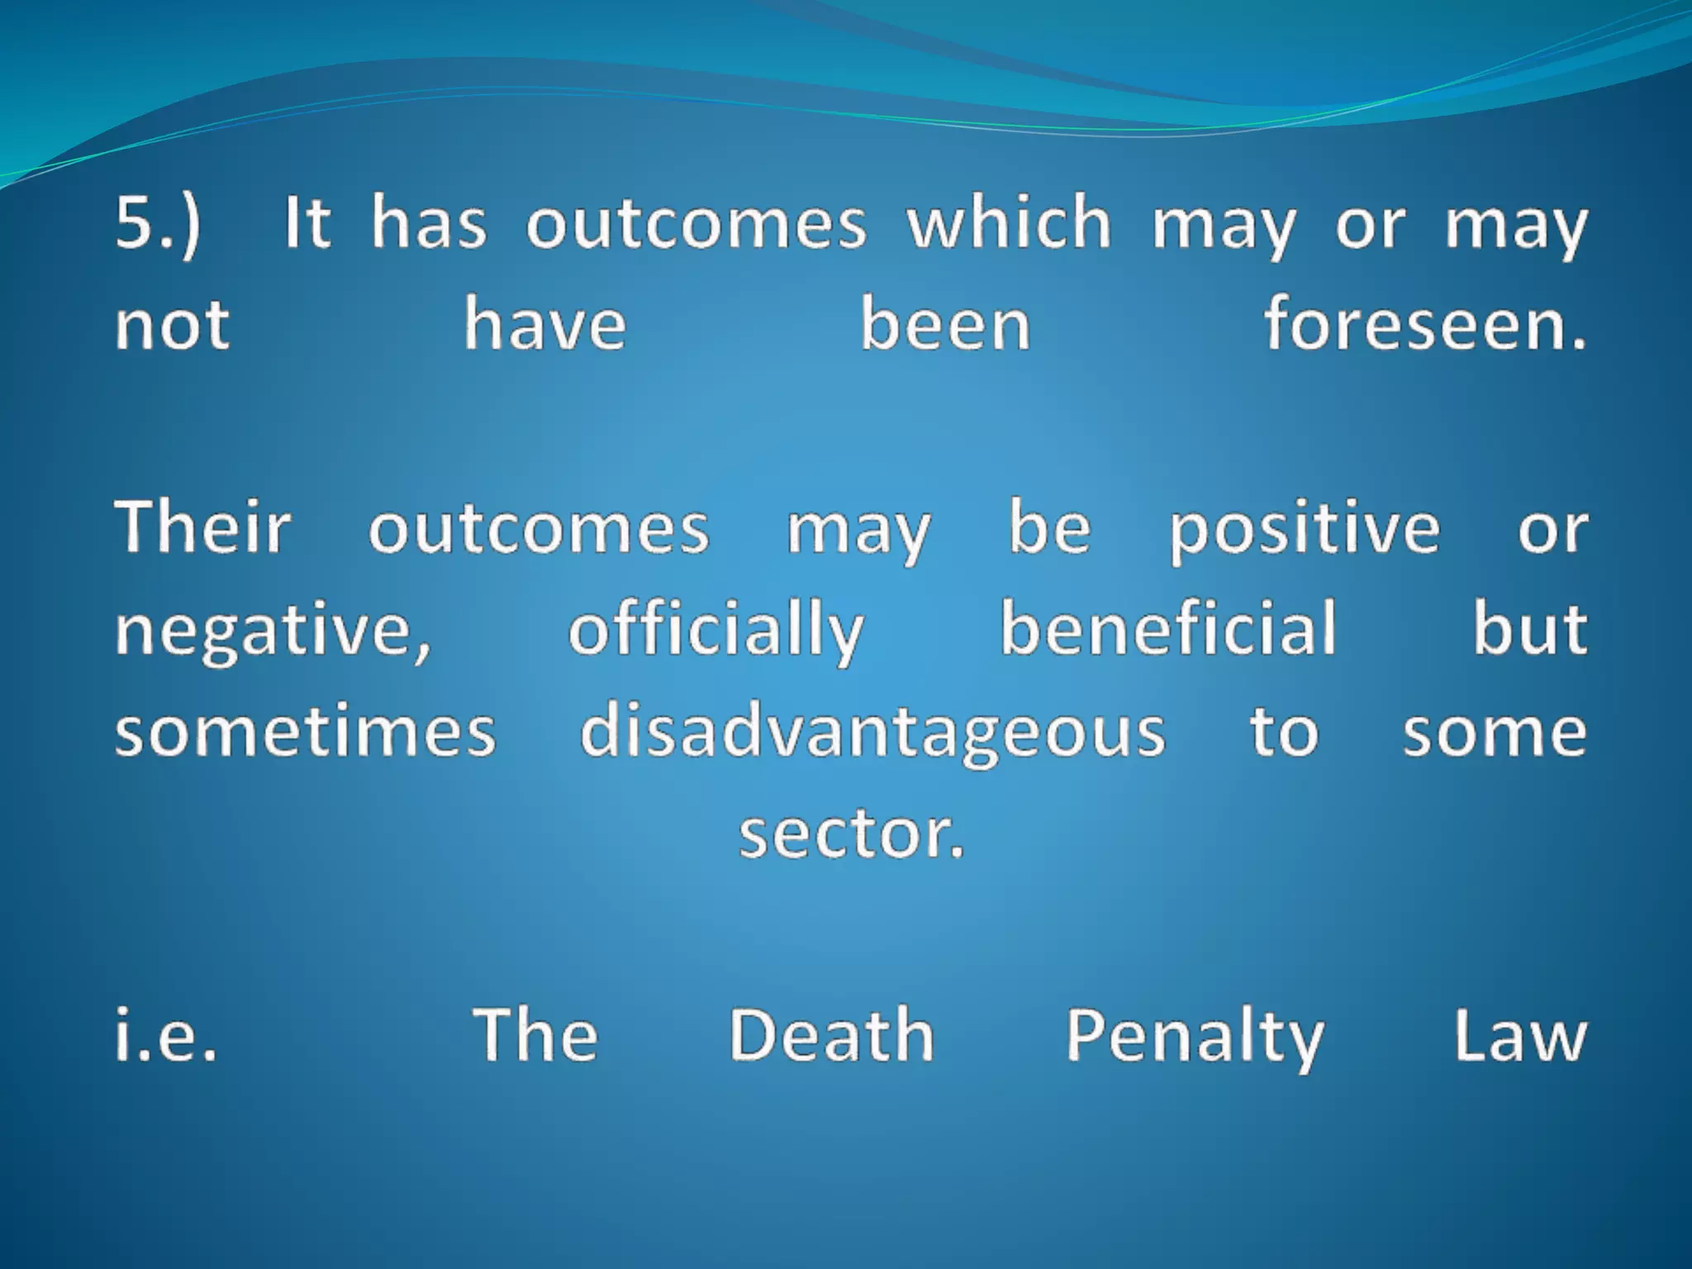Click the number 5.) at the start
[158, 223]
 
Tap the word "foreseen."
[1425, 324]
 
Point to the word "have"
[544, 324]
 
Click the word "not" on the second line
[172, 326]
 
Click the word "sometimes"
[305, 732]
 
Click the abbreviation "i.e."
[166, 1034]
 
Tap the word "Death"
[831, 1034]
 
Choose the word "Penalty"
[1195, 1036]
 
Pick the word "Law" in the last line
[1520, 1034]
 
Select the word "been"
[945, 324]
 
